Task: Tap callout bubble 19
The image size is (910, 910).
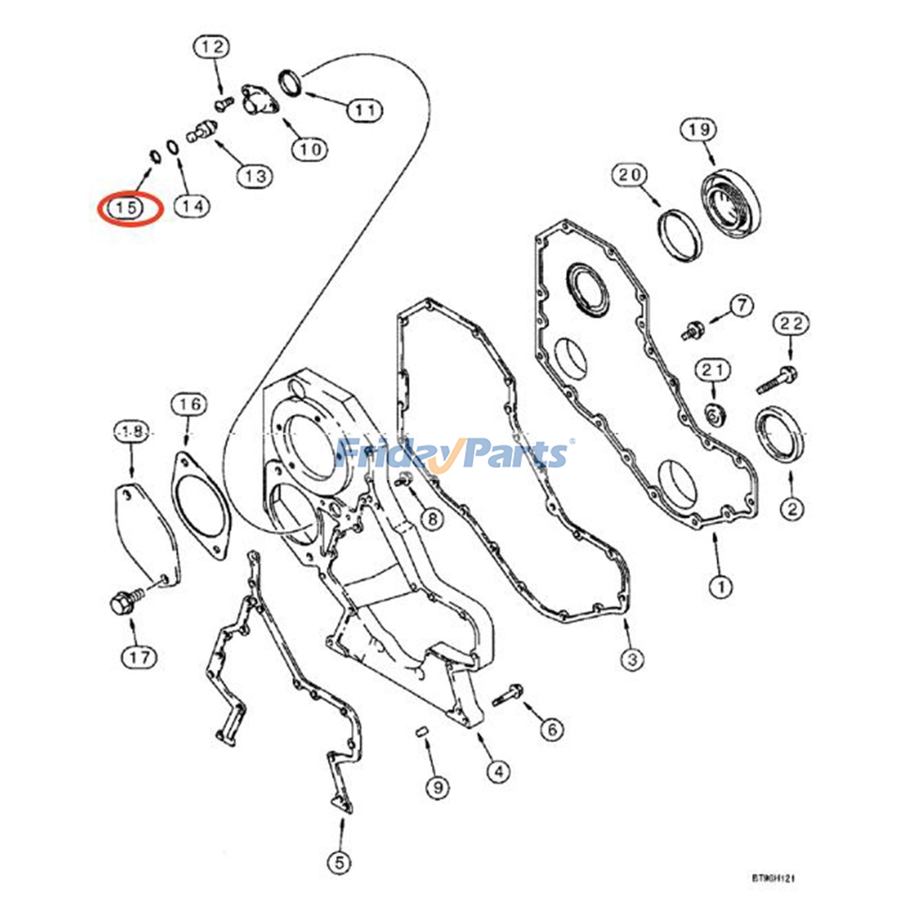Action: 698,130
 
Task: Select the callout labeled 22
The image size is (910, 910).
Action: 791,324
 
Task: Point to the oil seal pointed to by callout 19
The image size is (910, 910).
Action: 731,202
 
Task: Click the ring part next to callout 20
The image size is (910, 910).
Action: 680,235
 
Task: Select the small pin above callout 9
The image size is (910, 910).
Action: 421,731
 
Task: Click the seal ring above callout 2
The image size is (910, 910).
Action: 780,434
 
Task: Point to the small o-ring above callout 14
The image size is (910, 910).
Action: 173,147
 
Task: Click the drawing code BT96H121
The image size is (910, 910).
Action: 773,878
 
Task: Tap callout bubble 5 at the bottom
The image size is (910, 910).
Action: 339,863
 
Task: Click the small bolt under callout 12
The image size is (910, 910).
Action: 224,104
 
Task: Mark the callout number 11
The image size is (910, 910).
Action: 365,110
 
